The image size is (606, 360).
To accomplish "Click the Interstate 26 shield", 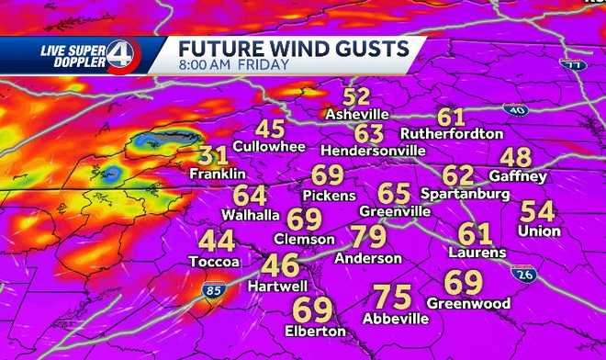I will pyautogui.click(x=524, y=276).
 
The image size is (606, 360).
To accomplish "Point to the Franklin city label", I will pyautogui.click(x=218, y=174).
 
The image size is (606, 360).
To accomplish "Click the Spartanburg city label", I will pyautogui.click(x=465, y=195).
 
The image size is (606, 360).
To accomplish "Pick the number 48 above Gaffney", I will pyautogui.click(x=516, y=157).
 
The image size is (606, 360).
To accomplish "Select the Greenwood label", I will pyautogui.click(x=468, y=302).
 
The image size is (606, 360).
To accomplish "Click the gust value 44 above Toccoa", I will pyautogui.click(x=218, y=242).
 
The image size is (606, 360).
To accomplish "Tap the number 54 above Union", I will pyautogui.click(x=538, y=211).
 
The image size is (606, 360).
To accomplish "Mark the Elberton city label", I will pyautogui.click(x=314, y=331).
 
